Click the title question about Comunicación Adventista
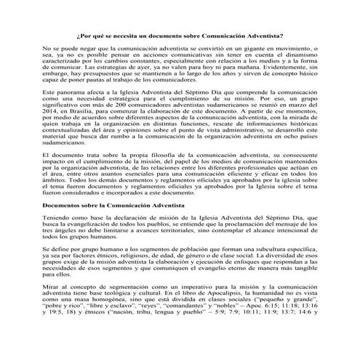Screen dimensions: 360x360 pos(180,33)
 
